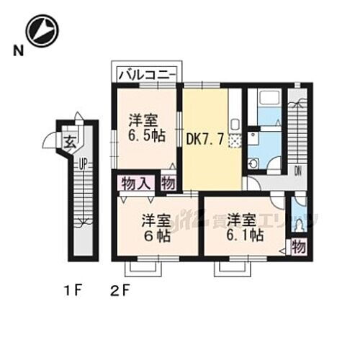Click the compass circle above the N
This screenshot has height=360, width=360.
pyautogui.click(x=40, y=30)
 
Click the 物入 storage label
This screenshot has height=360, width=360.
pyautogui.click(x=136, y=183)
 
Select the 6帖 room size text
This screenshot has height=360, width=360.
pyautogui.click(x=156, y=237)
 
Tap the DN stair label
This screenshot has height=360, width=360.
pyautogui.click(x=297, y=171)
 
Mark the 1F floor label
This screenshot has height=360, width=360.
pyautogui.click(x=70, y=292)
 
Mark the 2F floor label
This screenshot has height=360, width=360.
pyautogui.click(x=120, y=292)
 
